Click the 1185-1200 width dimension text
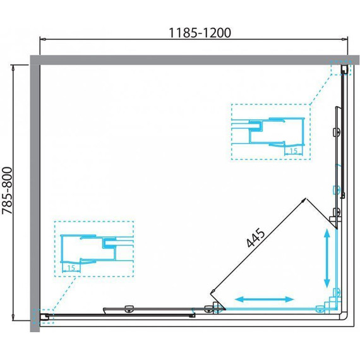200,33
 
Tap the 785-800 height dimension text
7,191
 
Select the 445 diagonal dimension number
256,237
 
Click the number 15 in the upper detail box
294,151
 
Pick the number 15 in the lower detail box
71,268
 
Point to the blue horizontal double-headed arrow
264,299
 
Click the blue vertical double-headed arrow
327,259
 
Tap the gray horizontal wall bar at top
195,60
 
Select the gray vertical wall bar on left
35,198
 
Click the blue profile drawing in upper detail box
268,133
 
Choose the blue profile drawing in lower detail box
97,249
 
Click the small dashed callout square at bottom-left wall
44,316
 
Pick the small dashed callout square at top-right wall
341,68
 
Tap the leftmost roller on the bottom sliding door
129,309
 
